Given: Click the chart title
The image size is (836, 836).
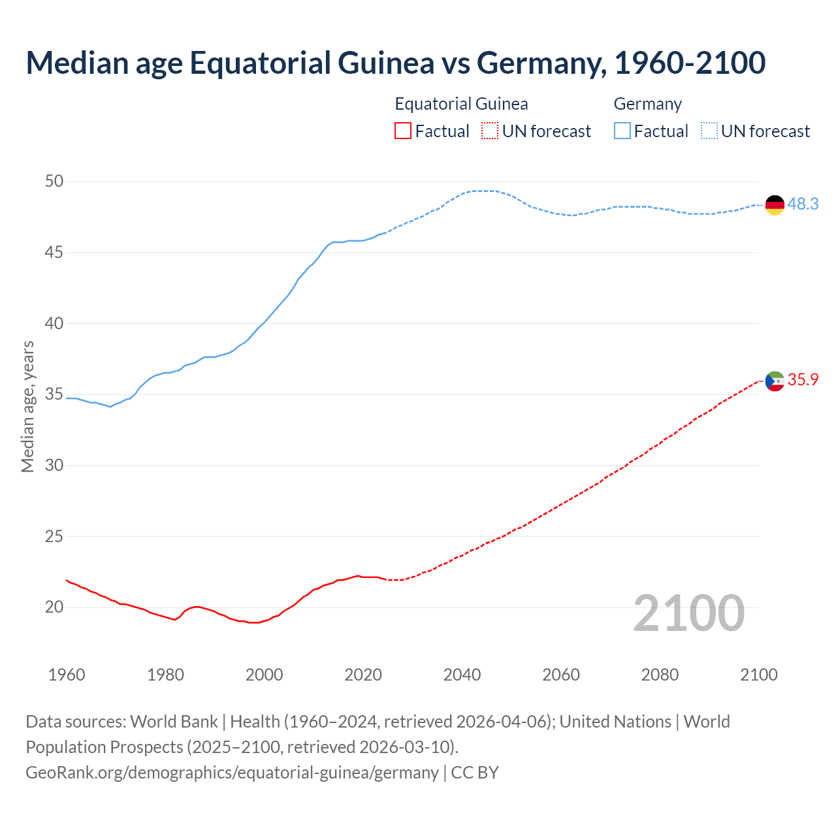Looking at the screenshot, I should (395, 63).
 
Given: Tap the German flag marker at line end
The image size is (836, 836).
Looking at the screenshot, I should (775, 204).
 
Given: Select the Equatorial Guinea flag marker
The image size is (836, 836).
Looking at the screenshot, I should (775, 381).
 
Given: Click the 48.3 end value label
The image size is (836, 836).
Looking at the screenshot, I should (803, 204).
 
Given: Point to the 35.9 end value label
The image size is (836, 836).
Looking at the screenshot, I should (803, 380).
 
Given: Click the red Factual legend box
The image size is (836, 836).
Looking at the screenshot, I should (403, 131).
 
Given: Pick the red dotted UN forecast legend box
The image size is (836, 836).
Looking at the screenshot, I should (490, 131).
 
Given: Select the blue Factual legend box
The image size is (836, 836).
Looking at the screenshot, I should (622, 131).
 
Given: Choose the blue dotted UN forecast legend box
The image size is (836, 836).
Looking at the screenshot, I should (709, 131).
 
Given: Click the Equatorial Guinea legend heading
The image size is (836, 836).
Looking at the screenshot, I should (461, 104).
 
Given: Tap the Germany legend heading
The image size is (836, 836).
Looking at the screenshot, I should (647, 104).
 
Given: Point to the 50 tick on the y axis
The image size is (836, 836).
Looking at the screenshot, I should (54, 182).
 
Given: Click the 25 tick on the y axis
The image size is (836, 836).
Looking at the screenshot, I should (54, 537).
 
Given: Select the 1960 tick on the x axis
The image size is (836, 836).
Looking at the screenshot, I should (67, 675).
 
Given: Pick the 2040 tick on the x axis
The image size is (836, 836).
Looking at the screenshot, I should (462, 675).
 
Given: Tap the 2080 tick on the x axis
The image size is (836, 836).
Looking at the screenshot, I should (660, 675).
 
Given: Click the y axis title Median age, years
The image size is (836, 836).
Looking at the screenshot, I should (27, 406).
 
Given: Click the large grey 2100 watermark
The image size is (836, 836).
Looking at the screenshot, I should (688, 613).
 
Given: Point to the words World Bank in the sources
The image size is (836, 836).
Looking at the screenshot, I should (174, 722).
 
